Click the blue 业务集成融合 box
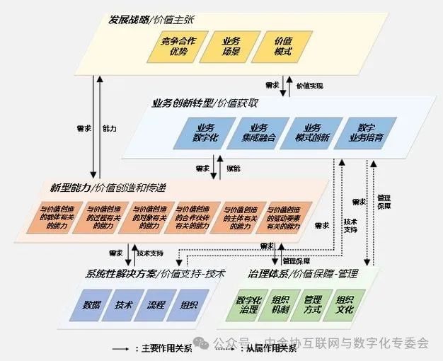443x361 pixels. tap(258, 132)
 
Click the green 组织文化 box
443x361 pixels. tap(345, 306)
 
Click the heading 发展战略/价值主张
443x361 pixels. tap(144, 18)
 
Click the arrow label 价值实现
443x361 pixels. tap(310, 86)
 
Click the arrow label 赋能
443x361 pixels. tap(233, 169)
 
